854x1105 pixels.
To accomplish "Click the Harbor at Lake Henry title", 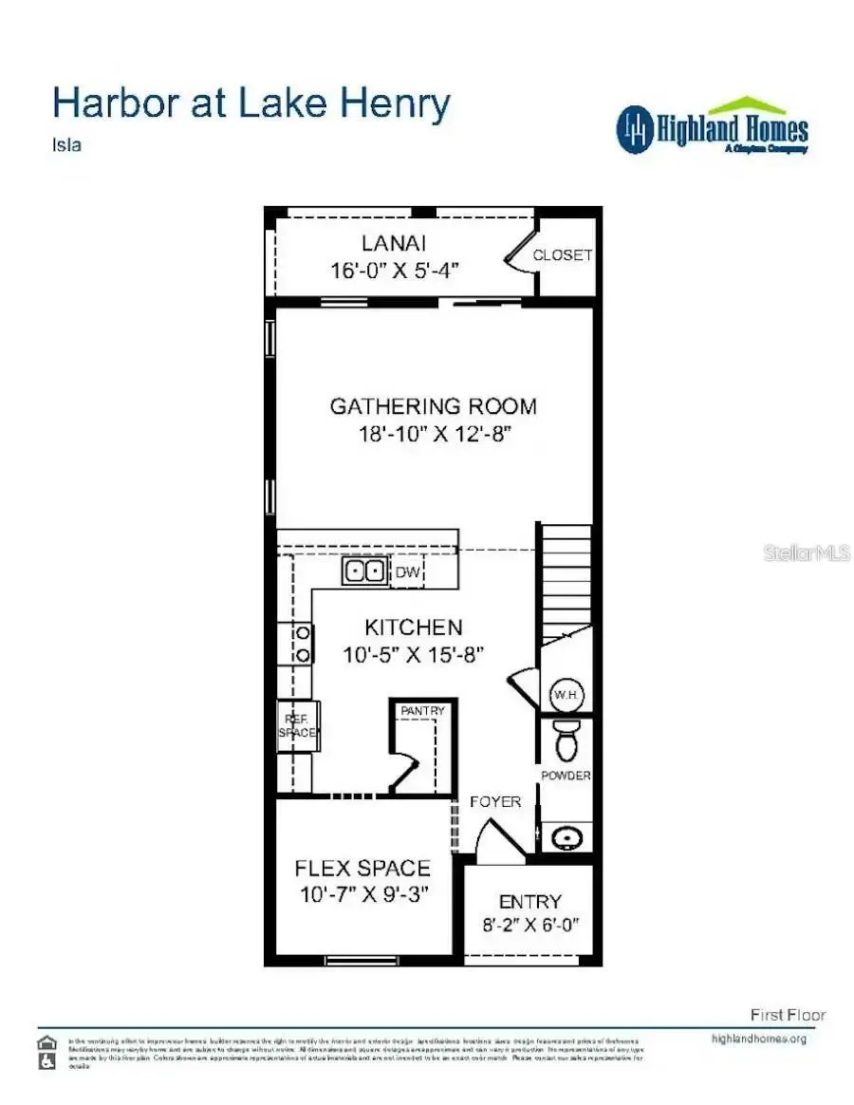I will click(x=251, y=103).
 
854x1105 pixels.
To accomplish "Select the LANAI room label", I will click(x=393, y=244).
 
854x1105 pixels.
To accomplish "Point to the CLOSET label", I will click(x=562, y=255).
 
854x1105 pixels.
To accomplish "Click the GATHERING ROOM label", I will click(x=433, y=406).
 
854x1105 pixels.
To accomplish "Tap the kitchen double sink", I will click(x=364, y=571).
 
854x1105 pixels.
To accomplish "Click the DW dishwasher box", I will click(x=407, y=571).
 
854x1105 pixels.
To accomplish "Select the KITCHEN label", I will click(x=414, y=627).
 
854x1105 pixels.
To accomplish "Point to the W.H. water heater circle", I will click(x=566, y=694).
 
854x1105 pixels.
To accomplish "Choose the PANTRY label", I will click(x=422, y=710).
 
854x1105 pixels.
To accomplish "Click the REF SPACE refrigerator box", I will click(x=297, y=726).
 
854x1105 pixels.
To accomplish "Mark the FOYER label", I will click(x=495, y=801).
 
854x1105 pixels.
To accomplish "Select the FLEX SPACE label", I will click(x=362, y=868).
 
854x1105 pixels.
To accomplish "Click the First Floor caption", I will click(x=788, y=1015).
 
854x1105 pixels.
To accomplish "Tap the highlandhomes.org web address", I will click(x=758, y=1038).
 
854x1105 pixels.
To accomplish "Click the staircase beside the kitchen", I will click(x=566, y=579).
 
